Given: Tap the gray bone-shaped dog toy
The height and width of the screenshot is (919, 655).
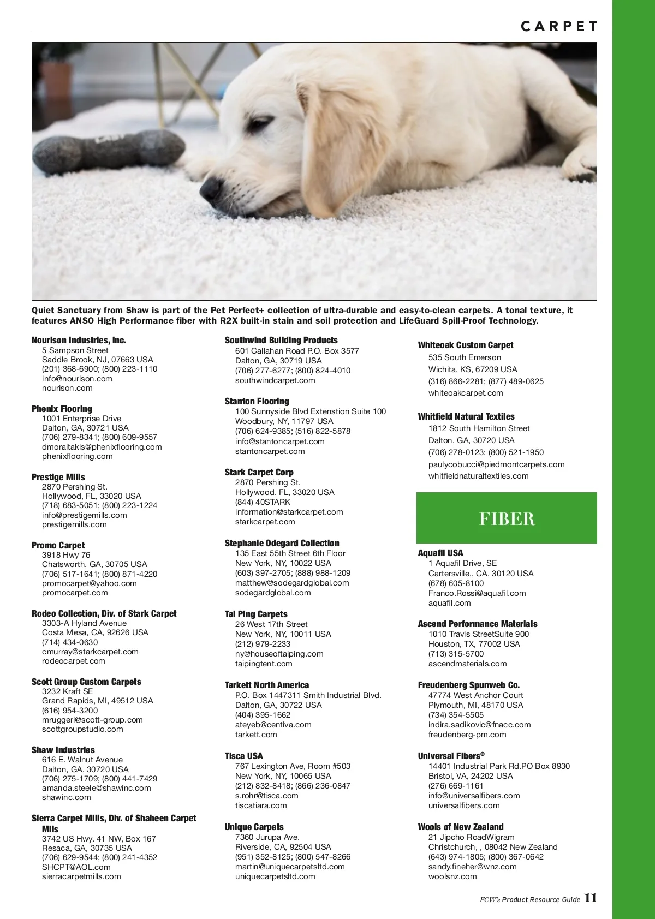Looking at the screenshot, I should click(x=109, y=148).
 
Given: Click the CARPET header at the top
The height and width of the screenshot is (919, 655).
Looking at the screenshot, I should click(x=559, y=26).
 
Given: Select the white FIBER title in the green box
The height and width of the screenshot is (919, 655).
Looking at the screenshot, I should click(x=507, y=518).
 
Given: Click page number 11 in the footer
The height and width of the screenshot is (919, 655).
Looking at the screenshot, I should click(x=591, y=898).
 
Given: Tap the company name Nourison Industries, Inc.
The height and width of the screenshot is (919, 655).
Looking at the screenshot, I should click(x=79, y=340).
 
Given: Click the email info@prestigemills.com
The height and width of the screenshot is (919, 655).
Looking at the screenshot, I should click(x=84, y=515).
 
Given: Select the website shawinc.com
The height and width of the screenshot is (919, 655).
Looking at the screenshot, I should click(x=67, y=797).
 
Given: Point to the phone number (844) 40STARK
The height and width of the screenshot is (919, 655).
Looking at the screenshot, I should click(x=263, y=502).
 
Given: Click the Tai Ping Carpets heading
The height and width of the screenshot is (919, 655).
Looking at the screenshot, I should click(x=256, y=614).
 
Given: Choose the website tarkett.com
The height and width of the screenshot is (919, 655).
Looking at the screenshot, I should click(x=256, y=735).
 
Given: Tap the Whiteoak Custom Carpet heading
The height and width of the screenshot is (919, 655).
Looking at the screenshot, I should click(x=466, y=345).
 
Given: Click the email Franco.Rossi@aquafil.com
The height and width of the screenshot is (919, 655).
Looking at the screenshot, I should click(x=477, y=593).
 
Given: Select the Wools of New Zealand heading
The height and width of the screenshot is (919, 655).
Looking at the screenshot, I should click(x=461, y=827).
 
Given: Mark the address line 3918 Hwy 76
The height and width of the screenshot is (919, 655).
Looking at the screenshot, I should click(x=66, y=554).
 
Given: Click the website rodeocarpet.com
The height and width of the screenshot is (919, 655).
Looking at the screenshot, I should click(x=73, y=661).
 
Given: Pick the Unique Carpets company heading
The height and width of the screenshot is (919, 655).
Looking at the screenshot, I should click(x=254, y=827).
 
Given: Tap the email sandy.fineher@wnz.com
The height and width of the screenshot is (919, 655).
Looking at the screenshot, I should click(x=472, y=867).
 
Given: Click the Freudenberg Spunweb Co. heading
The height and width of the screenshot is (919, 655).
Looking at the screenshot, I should click(x=469, y=685).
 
